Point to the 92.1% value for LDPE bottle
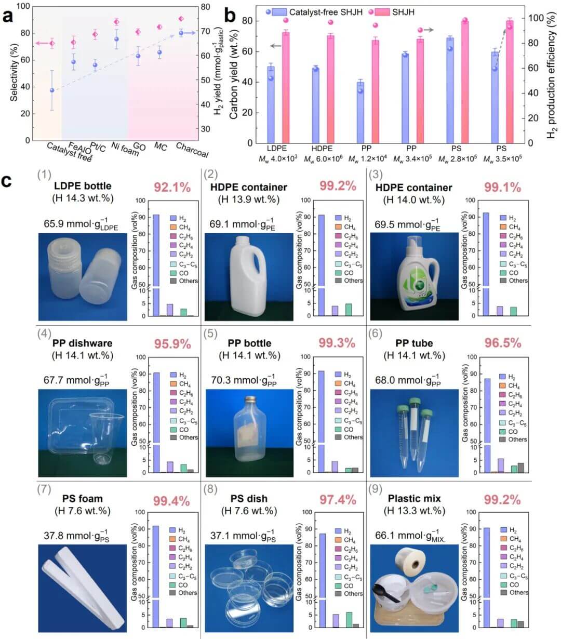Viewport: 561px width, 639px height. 172,187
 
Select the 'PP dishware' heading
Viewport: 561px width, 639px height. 82,343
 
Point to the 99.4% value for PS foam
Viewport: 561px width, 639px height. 172,500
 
